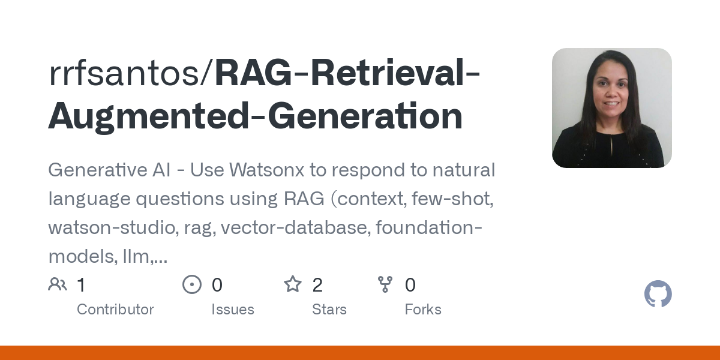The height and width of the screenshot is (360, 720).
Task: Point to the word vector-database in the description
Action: [293, 229]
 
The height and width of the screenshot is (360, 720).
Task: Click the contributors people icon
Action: [58, 284]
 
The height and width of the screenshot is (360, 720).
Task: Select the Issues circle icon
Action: [192, 284]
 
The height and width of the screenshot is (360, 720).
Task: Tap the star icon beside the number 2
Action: [293, 284]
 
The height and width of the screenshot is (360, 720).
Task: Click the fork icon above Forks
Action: [385, 284]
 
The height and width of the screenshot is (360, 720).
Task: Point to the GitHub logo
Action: [658, 295]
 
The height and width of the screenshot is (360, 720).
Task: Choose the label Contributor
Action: [115, 310]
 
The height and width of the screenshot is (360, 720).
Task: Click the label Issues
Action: [233, 310]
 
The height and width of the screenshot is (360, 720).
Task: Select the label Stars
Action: [329, 310]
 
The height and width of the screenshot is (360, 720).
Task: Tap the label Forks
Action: [423, 310]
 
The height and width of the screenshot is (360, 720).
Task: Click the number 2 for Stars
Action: [317, 284]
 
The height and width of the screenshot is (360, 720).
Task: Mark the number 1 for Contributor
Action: [81, 284]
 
